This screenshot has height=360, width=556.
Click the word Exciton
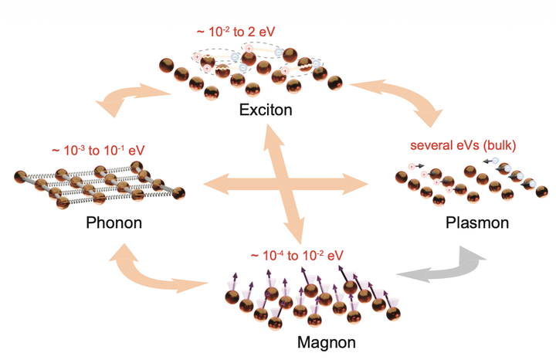tap(266, 110)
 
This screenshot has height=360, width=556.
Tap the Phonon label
tap(114, 222)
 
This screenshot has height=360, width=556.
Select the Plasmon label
tap(477, 222)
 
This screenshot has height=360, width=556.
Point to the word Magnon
tap(326, 343)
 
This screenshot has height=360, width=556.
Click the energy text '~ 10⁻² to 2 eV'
tap(236, 32)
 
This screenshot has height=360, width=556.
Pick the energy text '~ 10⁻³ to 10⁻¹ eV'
tap(98, 151)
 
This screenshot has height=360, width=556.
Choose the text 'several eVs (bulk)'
tap(463, 145)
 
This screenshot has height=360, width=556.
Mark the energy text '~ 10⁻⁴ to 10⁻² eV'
tap(297, 256)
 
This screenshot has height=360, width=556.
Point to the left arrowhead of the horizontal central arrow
tap(215, 184)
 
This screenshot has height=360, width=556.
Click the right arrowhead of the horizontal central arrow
tap(356, 184)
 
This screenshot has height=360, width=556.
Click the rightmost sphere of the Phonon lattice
tap(178, 193)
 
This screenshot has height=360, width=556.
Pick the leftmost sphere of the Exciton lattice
tap(166, 66)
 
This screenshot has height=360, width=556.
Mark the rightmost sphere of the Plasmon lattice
tap(542, 192)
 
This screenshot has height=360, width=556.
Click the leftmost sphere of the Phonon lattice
tap(21, 177)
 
